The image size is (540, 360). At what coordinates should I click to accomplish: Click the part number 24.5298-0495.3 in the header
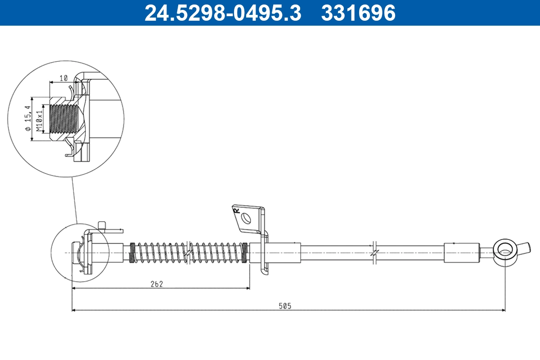(222, 13)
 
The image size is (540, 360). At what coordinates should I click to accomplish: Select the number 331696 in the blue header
(358, 13)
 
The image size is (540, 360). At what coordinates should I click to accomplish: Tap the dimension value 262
(156, 283)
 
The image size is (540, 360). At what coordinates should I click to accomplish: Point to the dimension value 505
(284, 306)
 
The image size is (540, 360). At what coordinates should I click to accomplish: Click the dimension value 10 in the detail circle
(63, 78)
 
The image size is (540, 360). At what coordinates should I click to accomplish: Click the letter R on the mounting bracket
(235, 210)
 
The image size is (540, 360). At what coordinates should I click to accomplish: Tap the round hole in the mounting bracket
(246, 218)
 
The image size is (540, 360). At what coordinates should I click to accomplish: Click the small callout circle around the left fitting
(80, 252)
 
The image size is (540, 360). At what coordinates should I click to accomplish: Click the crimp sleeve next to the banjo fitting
(461, 252)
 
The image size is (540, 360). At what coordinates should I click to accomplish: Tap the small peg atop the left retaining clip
(102, 225)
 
